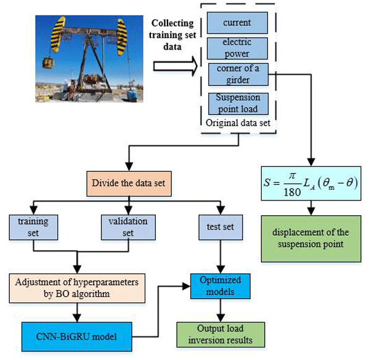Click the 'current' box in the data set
coord(238,23)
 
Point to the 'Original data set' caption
coord(237,122)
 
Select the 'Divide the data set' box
coord(129,183)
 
